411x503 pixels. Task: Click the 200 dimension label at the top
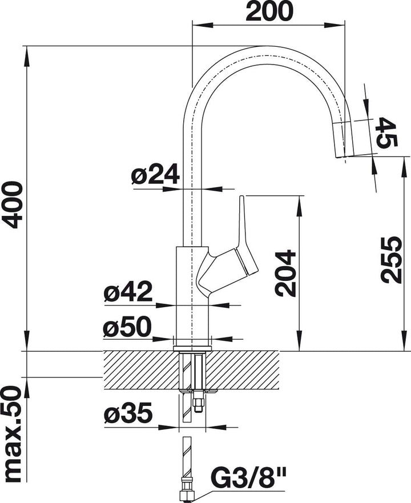click(269, 11)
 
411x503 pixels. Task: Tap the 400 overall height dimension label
click(12, 205)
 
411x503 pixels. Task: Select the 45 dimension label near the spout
click(386, 132)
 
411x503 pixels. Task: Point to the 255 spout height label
click(391, 260)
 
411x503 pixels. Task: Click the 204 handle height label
click(285, 273)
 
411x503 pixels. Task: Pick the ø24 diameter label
click(155, 175)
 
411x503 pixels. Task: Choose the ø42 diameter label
click(128, 292)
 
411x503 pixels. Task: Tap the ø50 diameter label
click(127, 327)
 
